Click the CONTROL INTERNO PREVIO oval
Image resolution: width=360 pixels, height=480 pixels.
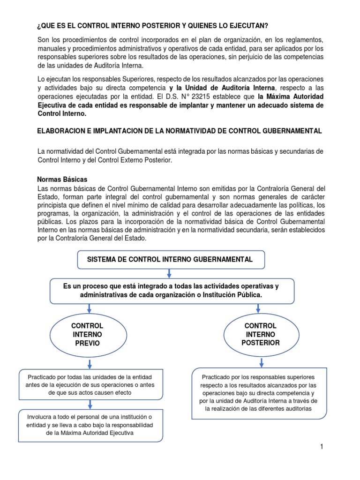coord(87,335)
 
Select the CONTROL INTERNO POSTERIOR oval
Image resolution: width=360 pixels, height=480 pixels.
coord(260,334)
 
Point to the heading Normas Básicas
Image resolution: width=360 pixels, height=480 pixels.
coord(62,180)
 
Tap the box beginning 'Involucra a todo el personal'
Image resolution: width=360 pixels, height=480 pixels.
coord(90,425)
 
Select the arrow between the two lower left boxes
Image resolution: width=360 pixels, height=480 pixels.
coord(88,404)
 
